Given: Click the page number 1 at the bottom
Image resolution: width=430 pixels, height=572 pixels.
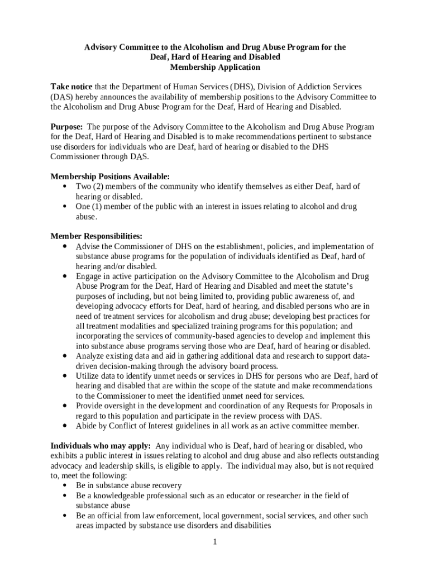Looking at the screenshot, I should coord(214,542).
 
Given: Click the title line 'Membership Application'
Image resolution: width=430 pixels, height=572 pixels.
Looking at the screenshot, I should coord(215,68).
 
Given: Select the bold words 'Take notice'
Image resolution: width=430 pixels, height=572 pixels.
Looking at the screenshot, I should coord(71,87).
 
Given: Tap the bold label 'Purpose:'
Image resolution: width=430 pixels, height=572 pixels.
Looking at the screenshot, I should coord(67,127).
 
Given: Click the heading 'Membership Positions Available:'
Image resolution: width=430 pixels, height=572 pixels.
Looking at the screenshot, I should coord(110,177).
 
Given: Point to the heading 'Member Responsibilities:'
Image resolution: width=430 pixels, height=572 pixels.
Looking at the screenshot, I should coord(96,236).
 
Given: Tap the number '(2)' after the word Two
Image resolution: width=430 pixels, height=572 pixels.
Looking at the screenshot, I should coord(102,187).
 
